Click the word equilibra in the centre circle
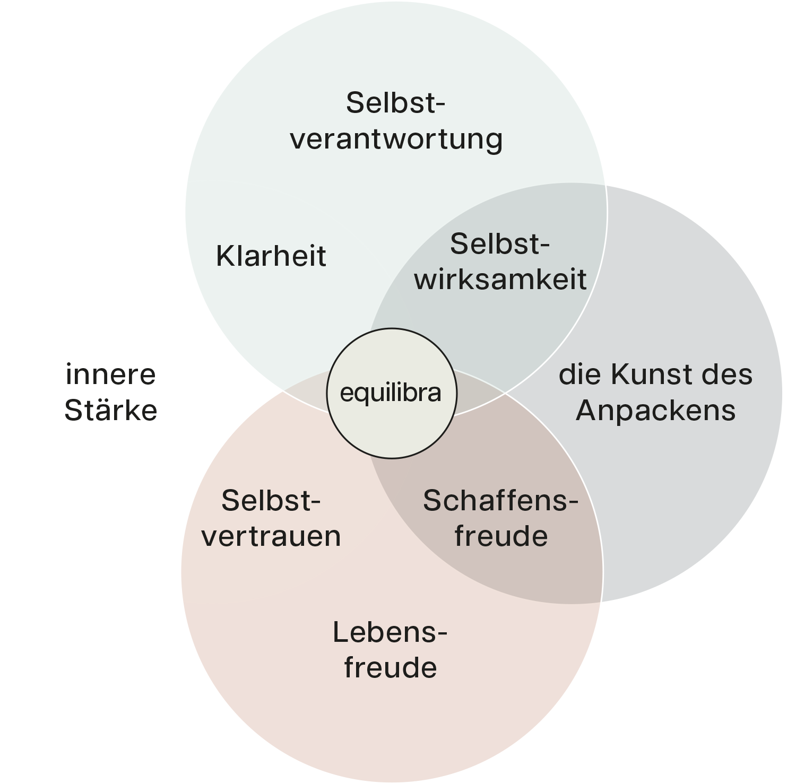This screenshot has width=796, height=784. (x=391, y=393)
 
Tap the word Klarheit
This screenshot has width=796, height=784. (x=271, y=256)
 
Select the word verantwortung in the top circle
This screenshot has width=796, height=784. (x=396, y=139)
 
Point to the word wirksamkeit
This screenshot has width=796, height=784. (x=500, y=279)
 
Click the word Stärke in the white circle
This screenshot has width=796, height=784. (x=111, y=410)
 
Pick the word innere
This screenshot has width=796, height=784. (x=111, y=374)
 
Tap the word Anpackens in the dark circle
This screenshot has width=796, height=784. (x=656, y=411)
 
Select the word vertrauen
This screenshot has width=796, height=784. (x=271, y=536)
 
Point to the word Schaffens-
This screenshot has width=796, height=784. (x=500, y=501)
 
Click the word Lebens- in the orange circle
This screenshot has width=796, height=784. (x=390, y=632)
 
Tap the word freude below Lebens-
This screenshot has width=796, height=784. (x=391, y=668)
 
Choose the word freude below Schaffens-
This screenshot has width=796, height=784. (x=501, y=536)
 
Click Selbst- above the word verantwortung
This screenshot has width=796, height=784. (x=395, y=103)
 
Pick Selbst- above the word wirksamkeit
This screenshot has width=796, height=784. (x=500, y=244)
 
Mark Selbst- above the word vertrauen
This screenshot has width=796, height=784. (x=271, y=501)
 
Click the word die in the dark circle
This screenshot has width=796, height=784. (x=581, y=374)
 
